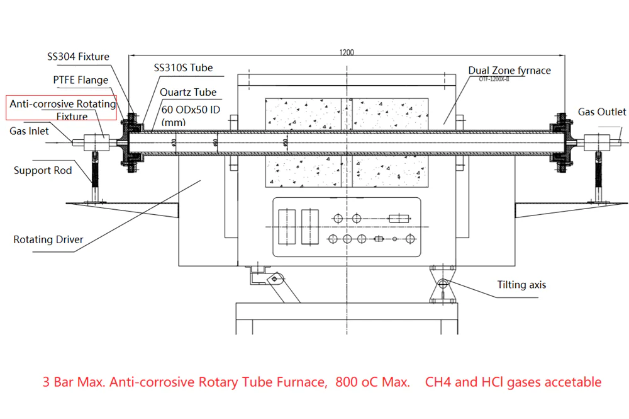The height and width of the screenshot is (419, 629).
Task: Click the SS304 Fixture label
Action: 78,57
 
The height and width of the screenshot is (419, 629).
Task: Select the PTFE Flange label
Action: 80,80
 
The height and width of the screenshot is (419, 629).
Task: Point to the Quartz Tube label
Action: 188,92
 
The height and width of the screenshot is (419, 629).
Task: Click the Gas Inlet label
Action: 29,131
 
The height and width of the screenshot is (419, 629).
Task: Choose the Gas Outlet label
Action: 602,112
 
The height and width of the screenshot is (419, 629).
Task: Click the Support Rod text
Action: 43,171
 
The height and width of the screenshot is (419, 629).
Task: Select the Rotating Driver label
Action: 48,239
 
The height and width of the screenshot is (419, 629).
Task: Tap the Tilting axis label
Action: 521,285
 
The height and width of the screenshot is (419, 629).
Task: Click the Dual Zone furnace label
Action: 509,70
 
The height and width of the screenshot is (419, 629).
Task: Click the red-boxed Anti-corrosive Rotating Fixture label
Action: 62,110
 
